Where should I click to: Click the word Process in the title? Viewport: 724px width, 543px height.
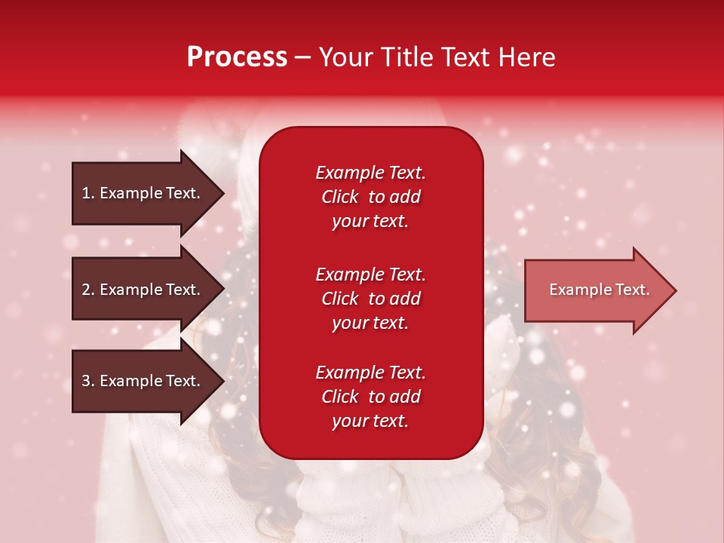point(237,57)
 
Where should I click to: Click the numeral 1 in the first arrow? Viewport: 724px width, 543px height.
point(85,193)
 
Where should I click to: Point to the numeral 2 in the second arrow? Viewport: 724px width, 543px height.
point(86,290)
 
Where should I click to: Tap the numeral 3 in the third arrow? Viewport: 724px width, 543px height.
point(86,381)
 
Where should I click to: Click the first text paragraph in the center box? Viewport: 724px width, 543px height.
point(370,197)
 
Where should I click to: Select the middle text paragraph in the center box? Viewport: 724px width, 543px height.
point(370,299)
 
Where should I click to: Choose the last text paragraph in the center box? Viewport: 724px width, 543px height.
point(370,397)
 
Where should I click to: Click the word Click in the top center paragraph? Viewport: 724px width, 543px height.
point(339,197)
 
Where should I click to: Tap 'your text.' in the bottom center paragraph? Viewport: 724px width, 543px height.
point(370,422)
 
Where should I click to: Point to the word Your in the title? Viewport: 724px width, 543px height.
point(345,57)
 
